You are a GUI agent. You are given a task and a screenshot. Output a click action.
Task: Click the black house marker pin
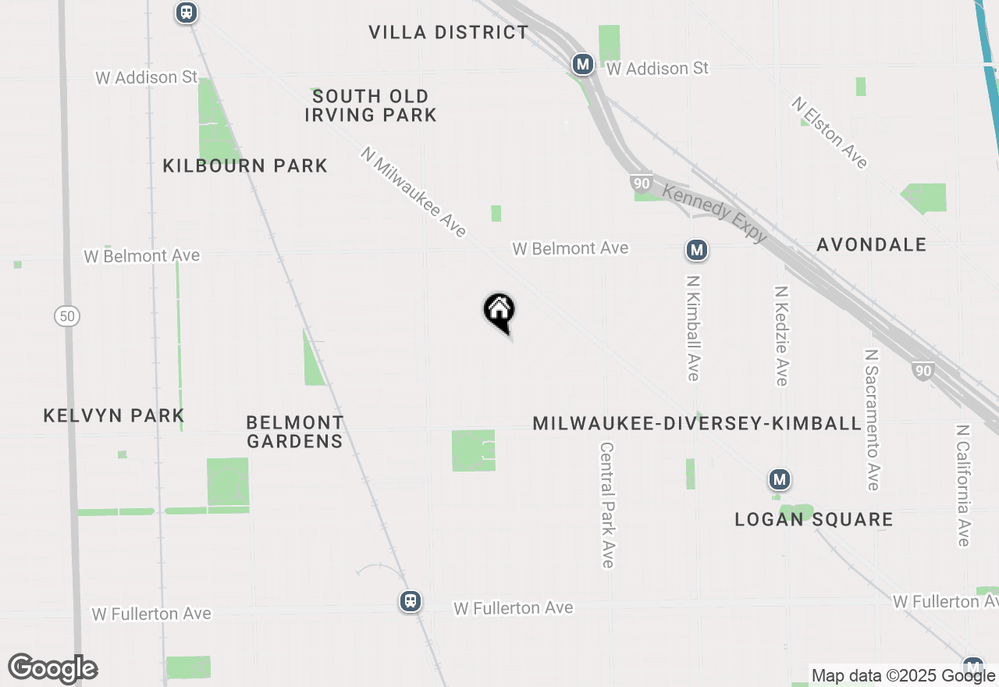coord(499,311)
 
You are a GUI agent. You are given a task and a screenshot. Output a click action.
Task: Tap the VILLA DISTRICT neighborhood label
coord(449,32)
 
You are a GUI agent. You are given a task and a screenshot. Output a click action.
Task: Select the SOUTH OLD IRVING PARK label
coord(371,105)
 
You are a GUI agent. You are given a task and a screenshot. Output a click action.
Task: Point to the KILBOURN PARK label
coord(245,166)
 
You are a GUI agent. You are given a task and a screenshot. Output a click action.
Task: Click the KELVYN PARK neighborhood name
coord(114,415)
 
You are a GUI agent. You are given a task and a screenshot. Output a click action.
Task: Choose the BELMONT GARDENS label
coord(294,432)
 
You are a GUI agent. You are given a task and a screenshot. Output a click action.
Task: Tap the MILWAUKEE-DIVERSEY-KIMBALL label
coord(697,423)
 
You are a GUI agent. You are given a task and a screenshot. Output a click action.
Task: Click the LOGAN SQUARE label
coord(814,519)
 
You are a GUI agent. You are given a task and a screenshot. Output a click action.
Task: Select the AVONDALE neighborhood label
coord(871,244)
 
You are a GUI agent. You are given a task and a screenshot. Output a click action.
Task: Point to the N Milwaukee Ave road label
coord(414,192)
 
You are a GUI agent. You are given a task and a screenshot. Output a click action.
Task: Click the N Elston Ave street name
coord(829,133)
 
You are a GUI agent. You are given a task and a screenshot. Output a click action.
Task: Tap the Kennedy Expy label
coord(715,213)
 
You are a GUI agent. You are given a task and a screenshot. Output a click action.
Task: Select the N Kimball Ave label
coord(693,327)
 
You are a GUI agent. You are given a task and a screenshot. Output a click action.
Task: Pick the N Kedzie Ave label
coord(780,335)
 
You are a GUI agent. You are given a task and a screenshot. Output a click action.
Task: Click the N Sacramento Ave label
coord(872,419)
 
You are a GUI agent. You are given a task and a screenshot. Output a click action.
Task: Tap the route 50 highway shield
coord(67,316)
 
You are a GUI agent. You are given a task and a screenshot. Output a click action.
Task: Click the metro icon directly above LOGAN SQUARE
coord(779,479)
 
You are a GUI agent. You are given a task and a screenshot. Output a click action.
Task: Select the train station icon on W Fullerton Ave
coord(411,601)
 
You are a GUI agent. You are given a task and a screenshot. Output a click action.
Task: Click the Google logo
coord(52,668)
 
